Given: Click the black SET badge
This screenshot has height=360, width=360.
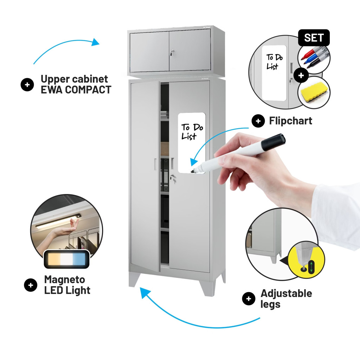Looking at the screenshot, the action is tap(314, 38).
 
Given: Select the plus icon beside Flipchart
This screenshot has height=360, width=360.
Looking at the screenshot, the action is tap(258, 121).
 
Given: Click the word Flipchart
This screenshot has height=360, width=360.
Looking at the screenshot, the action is tap(290, 121).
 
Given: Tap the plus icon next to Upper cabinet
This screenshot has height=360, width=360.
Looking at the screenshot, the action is tap(27, 84).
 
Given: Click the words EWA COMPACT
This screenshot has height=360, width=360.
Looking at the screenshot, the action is tap(76, 90).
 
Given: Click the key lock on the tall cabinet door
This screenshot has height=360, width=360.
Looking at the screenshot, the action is tap(173, 178).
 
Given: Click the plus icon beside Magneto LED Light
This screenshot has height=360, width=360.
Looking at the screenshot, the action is tap(31, 285).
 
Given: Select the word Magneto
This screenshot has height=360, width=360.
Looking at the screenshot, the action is tap(65, 280).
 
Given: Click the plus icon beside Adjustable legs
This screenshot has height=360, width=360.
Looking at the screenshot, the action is tap(249, 299).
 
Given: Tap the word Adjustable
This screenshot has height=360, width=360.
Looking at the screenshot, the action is tap(286, 294).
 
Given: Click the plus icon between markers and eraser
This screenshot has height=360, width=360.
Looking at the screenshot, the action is tap(301, 75).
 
